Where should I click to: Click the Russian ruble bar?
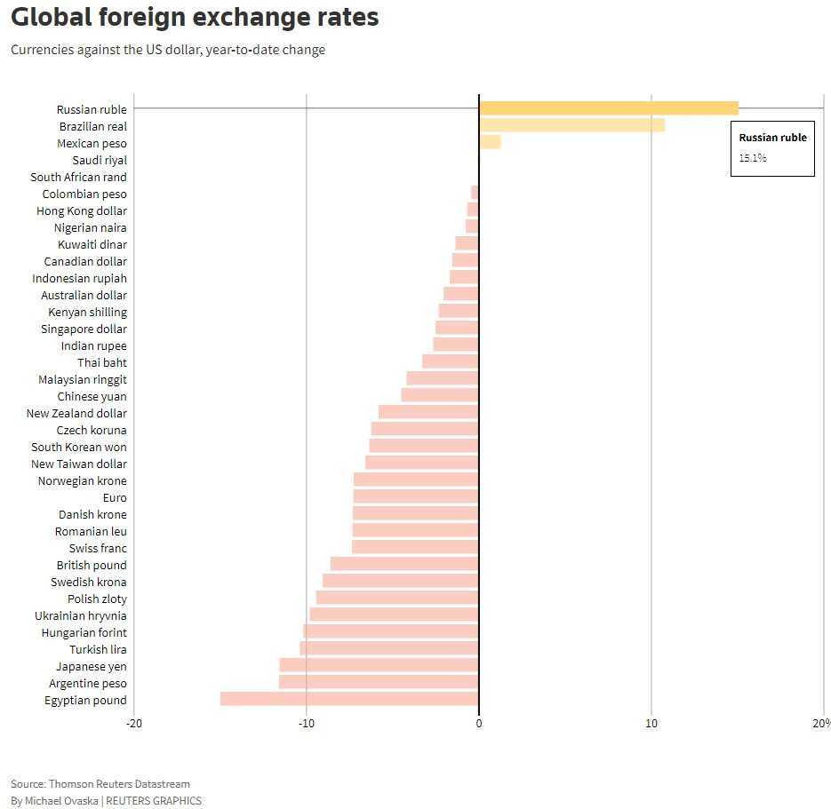tap(609, 108)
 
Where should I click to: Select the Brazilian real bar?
tap(571, 125)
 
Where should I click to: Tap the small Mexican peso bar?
tap(490, 142)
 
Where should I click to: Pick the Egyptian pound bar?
tap(349, 699)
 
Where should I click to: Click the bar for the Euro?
tap(416, 496)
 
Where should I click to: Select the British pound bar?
tap(404, 564)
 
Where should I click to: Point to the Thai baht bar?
tap(451, 361)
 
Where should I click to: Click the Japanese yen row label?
tap(92, 666)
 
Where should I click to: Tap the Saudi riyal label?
tap(100, 160)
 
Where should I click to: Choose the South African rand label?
tap(78, 177)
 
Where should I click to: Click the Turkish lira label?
tap(98, 649)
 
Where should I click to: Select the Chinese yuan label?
tap(92, 396)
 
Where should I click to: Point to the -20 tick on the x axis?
tap(134, 724)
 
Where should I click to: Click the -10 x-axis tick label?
tap(307, 724)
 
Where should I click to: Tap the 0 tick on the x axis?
tap(479, 724)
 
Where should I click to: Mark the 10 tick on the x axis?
tap(651, 724)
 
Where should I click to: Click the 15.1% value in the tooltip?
tap(753, 158)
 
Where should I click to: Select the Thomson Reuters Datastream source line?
tap(100, 783)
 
